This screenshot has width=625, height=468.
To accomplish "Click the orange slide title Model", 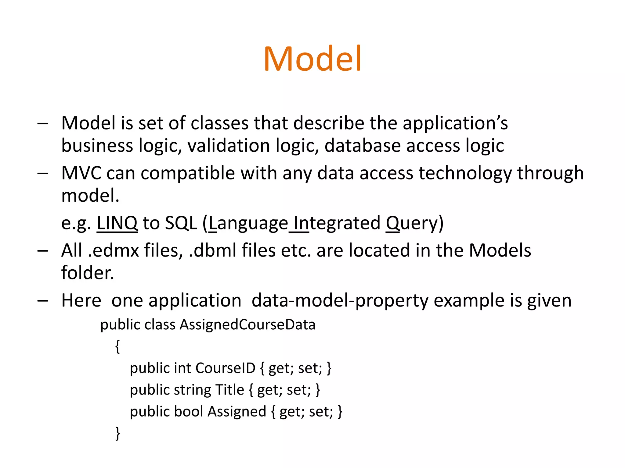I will (x=312, y=58).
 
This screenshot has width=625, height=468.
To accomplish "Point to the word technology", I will (x=465, y=174).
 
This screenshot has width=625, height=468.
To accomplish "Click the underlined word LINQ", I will (x=117, y=223).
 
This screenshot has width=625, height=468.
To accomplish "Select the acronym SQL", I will (x=181, y=223).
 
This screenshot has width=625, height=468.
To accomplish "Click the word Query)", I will (x=414, y=223).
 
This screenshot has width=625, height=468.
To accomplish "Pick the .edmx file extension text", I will (x=113, y=250).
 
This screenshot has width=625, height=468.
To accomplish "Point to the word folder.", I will (x=87, y=273).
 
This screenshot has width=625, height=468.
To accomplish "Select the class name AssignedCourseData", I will (x=247, y=324).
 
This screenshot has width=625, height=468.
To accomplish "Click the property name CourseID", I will (x=225, y=368).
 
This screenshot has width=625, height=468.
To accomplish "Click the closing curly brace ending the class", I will (x=117, y=433).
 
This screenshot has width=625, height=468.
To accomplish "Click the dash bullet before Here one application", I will (x=42, y=301).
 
